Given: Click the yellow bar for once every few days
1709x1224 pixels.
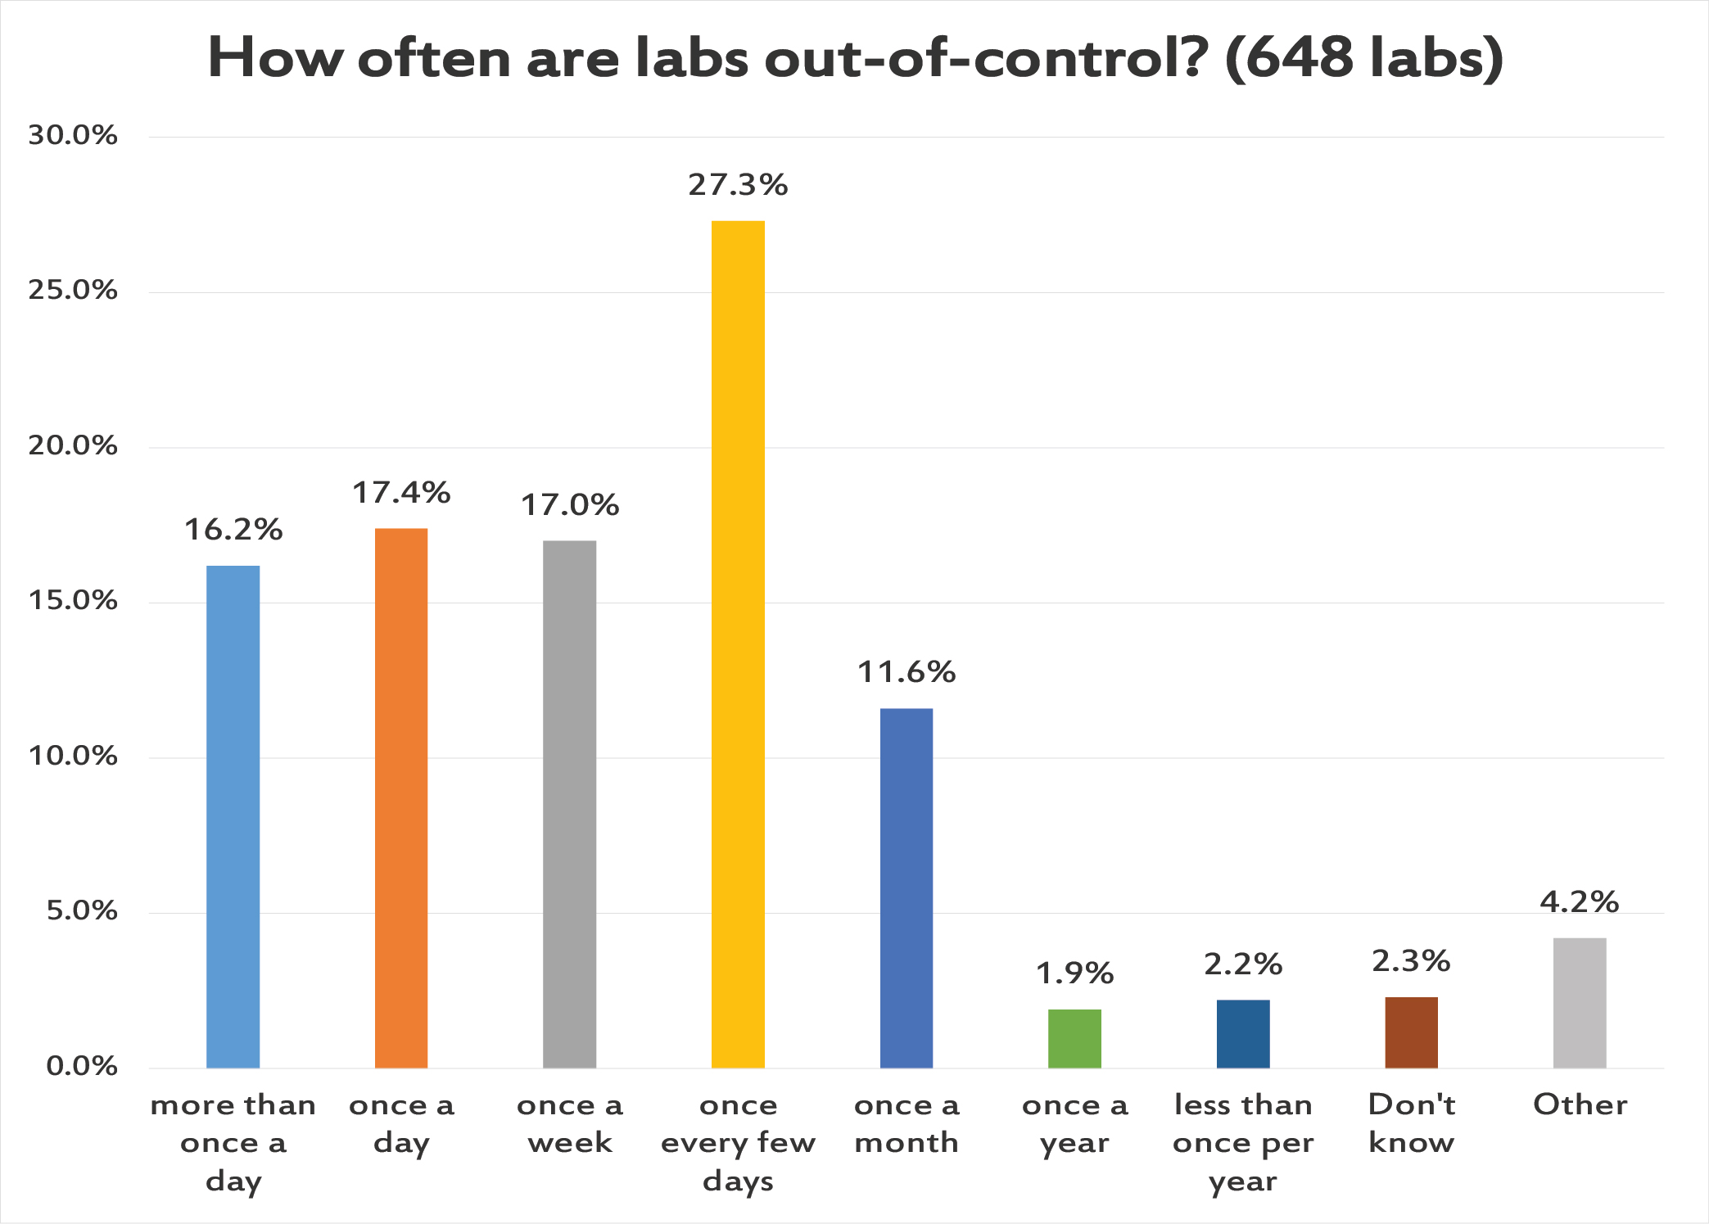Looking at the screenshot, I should click(x=738, y=644).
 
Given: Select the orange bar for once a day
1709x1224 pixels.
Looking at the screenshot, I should click(x=401, y=797).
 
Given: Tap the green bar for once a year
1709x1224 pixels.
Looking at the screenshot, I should click(x=1074, y=1038).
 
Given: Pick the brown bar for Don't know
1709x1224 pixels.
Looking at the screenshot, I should click(x=1411, y=1032).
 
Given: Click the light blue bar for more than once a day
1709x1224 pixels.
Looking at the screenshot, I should click(x=233, y=816).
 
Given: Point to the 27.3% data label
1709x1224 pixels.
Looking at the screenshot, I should click(x=738, y=185).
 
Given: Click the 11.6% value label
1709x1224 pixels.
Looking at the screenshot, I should click(x=906, y=672).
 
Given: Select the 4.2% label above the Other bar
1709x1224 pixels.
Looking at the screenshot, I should click(x=1580, y=902).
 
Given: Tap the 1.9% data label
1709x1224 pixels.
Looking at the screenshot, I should click(x=1074, y=973).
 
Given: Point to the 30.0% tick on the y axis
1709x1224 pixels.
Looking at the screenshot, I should click(x=73, y=135).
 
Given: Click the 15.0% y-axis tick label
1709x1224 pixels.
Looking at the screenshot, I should click(x=73, y=601).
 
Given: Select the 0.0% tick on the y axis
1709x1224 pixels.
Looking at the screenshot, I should click(x=81, y=1066).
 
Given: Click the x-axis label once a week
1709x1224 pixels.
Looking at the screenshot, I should click(x=570, y=1123).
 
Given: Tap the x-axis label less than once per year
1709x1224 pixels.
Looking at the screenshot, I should click(x=1243, y=1142).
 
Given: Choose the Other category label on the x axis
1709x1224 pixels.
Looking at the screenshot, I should click(x=1580, y=1105).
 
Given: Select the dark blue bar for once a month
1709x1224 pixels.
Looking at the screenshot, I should click(x=906, y=888).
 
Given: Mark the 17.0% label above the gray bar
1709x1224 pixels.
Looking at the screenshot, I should click(x=570, y=505).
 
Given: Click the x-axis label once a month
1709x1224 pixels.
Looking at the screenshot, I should click(x=906, y=1123).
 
